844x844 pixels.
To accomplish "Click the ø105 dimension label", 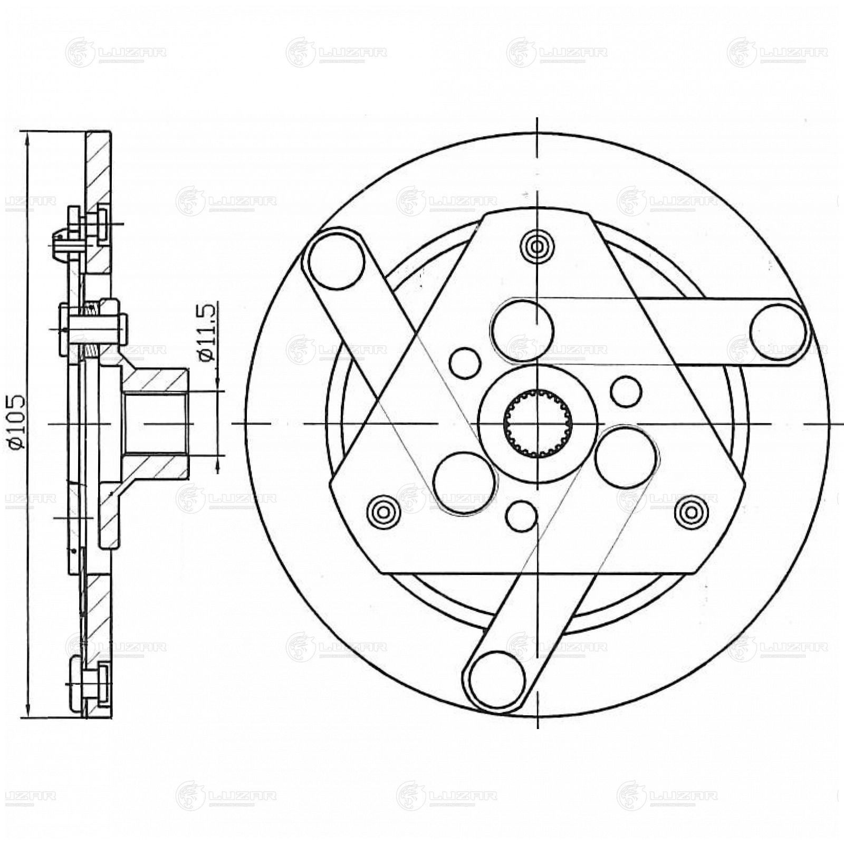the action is (15, 422).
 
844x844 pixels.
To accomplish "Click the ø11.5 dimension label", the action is (208, 332).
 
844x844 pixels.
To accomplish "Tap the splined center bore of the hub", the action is (537, 423).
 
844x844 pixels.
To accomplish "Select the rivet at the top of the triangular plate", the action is (537, 246).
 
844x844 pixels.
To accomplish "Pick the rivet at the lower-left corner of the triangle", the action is (383, 511).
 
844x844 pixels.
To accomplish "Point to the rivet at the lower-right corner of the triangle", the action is (691, 511).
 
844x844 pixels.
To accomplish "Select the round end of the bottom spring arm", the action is (496, 679).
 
